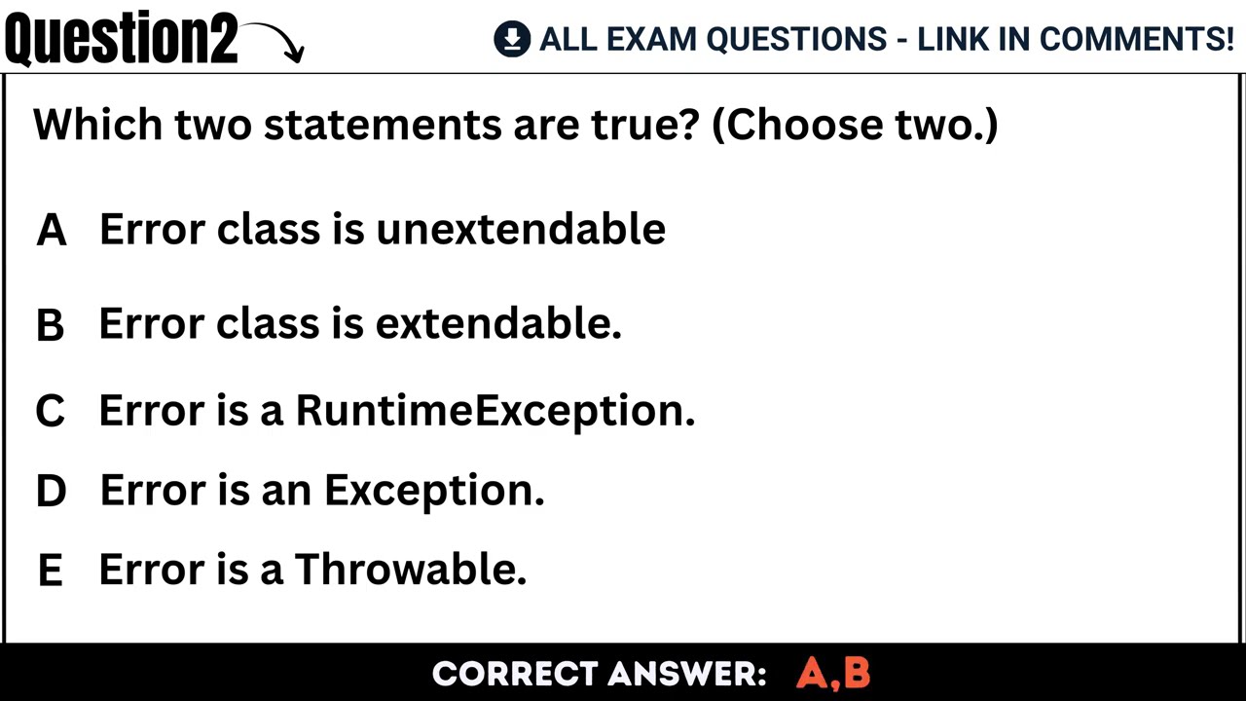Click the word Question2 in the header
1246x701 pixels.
[x=121, y=39]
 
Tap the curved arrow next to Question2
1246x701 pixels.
[x=275, y=41]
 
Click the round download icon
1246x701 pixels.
[x=511, y=39]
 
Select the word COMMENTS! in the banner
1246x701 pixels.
[x=1136, y=39]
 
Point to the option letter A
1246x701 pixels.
[x=51, y=231]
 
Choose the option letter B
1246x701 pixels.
[x=50, y=325]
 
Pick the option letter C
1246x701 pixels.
[x=50, y=412]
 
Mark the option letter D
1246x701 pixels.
[x=51, y=492]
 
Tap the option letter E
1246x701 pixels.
[x=50, y=571]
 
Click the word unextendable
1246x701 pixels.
[x=521, y=229]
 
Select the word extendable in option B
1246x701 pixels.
[x=497, y=323]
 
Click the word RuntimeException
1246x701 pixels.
[x=495, y=411]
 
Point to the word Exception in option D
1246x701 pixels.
[x=433, y=490]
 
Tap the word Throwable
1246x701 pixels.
[x=410, y=569]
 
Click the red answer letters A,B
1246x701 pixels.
[x=833, y=674]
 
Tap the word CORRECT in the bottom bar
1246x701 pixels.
[x=513, y=674]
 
